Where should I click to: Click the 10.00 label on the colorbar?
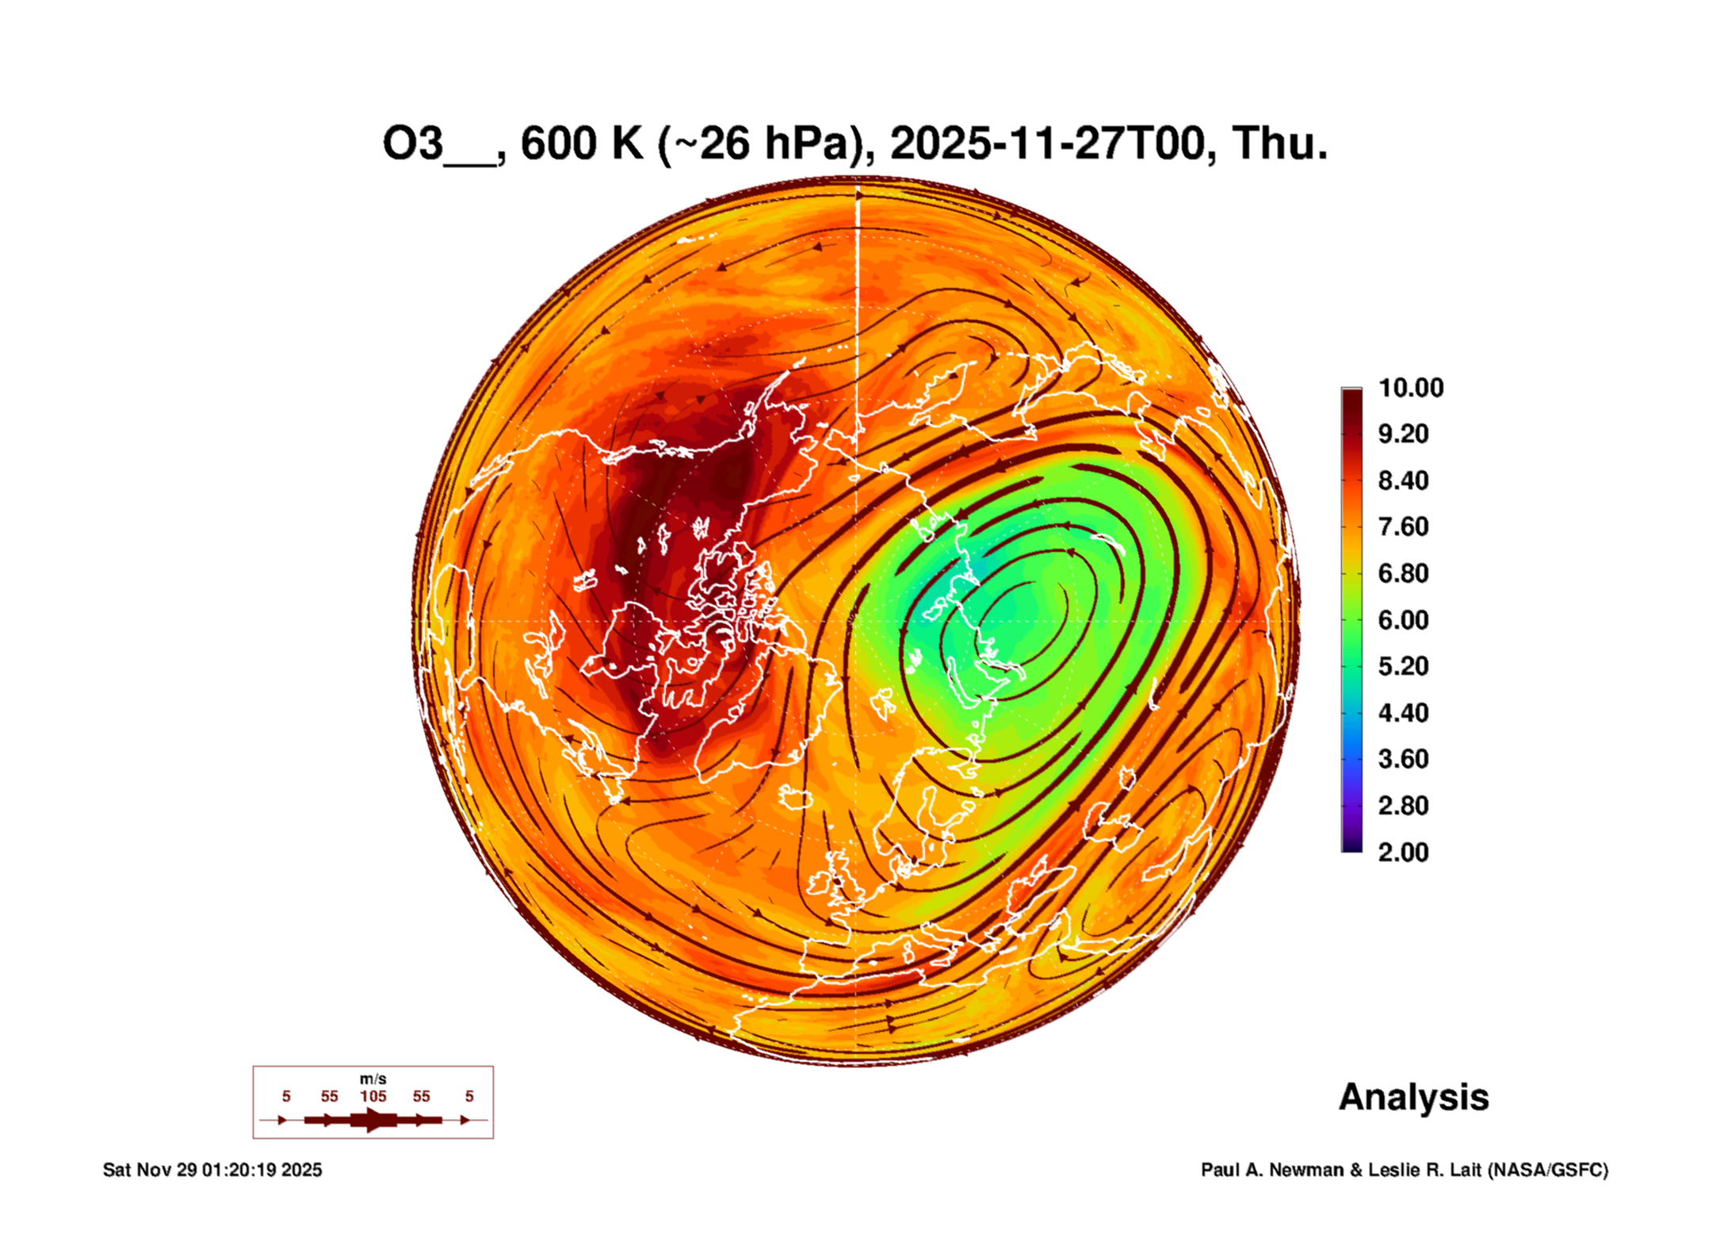[1410, 388]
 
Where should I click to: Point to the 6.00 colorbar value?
[1403, 620]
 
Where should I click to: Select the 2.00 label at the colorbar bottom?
[1403, 853]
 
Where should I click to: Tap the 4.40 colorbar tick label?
[1403, 713]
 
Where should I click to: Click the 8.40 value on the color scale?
[1403, 481]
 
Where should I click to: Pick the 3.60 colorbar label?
[1403, 759]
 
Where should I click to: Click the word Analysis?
[1413, 1097]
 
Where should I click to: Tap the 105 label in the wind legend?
[373, 1096]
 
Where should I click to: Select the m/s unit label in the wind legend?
[373, 1079]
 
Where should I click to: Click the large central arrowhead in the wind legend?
[373, 1120]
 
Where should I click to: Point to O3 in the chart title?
[412, 144]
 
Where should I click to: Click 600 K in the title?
[581, 144]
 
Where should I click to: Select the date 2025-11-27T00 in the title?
[1047, 144]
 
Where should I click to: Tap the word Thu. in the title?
[1279, 144]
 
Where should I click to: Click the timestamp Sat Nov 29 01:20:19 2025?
[212, 1170]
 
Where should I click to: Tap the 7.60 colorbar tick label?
[1403, 527]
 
